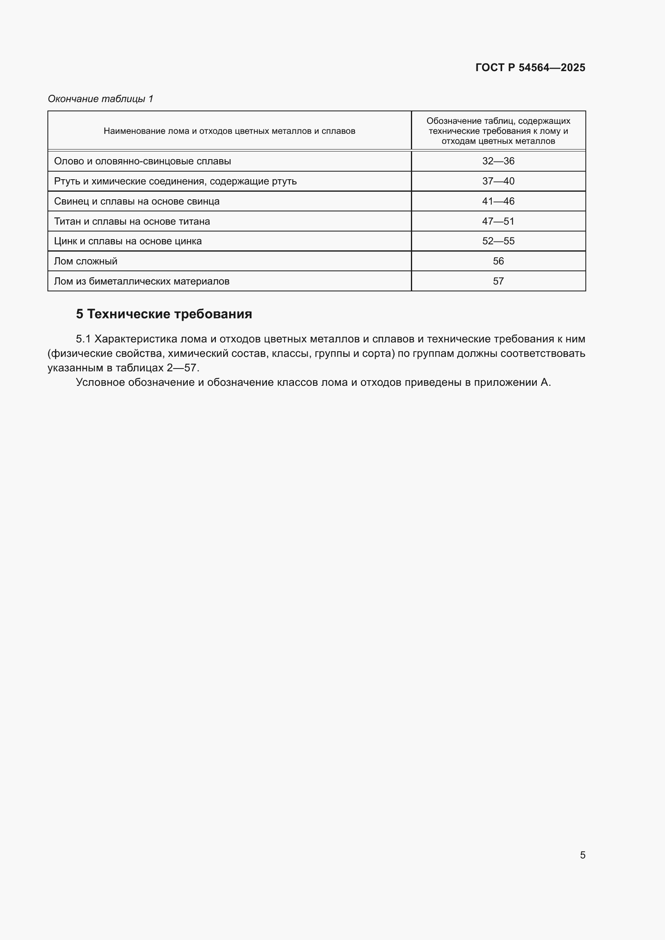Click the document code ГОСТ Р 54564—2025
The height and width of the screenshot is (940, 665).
(530, 68)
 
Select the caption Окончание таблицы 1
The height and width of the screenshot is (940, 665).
(101, 99)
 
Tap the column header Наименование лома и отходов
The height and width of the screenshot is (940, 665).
(229, 131)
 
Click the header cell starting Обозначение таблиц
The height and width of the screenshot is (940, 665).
(498, 131)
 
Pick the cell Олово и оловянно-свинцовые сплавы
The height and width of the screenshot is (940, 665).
(142, 161)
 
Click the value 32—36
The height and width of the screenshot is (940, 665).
(498, 161)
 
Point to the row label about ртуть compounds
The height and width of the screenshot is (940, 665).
(175, 181)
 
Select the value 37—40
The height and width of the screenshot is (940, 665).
(498, 181)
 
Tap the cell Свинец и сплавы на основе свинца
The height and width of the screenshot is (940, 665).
(137, 201)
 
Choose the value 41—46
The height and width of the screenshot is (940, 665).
(498, 201)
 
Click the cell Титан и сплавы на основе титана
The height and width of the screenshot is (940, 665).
(132, 221)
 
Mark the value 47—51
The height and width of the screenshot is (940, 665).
(498, 221)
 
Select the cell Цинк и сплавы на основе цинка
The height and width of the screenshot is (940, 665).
(128, 241)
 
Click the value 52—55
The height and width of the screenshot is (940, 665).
(498, 241)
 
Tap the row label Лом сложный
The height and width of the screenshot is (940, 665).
(86, 261)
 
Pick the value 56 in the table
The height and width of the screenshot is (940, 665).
(498, 261)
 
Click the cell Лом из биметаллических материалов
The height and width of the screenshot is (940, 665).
(142, 281)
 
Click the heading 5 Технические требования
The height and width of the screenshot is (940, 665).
(164, 314)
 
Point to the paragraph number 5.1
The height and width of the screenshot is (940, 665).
(83, 339)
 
